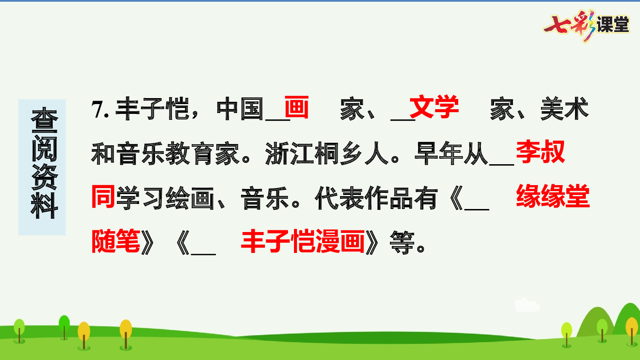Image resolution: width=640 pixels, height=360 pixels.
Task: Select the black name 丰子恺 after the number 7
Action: point(152,109)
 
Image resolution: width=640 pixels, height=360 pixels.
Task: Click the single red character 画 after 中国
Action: point(296,107)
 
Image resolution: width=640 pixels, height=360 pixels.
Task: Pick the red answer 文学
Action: point(434,107)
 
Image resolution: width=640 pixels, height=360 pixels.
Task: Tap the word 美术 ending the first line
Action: point(564,109)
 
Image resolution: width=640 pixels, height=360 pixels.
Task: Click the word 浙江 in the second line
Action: point(290,154)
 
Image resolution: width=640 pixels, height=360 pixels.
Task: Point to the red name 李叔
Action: point(540,152)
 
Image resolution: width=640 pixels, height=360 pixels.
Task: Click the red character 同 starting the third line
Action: point(104,197)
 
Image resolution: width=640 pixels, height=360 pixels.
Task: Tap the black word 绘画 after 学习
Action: point(190,199)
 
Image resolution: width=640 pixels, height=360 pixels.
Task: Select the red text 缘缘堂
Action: point(553,197)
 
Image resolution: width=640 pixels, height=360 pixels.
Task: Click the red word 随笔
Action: point(116,241)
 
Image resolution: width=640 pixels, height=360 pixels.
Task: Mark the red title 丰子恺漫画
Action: point(303,241)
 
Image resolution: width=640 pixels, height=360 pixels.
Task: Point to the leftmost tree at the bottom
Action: point(19,330)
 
